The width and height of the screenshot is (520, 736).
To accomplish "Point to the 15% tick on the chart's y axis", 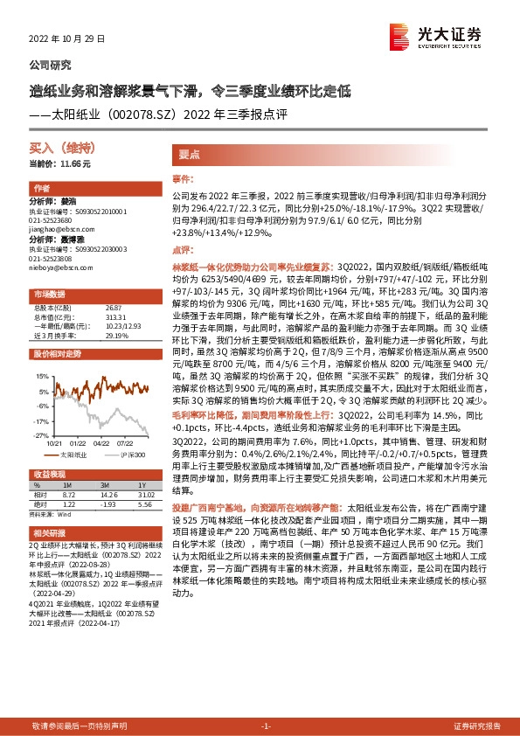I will (43, 376).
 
